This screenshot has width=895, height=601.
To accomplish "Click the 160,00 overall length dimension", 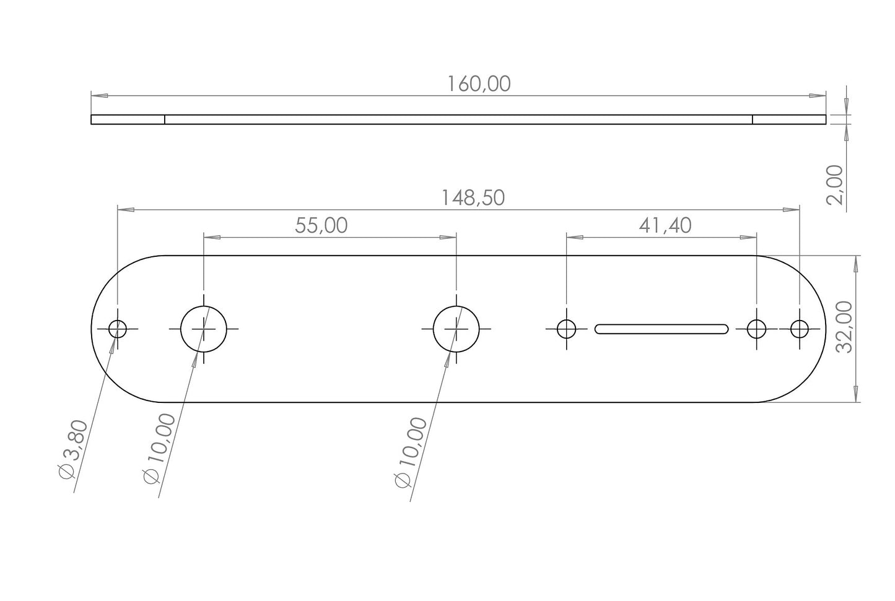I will point(479,84).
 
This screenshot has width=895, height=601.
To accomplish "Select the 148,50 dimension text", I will point(473,198).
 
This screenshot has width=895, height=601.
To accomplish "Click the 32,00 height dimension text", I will point(844,327).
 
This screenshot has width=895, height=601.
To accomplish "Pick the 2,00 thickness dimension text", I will point(836,184).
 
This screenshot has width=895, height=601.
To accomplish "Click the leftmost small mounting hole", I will point(118,329).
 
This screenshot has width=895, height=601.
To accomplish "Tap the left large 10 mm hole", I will point(204,329).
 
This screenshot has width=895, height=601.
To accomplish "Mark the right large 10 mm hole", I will point(456,329).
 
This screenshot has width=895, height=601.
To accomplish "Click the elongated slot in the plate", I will point(661,329).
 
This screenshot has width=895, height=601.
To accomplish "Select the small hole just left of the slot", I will point(566,329).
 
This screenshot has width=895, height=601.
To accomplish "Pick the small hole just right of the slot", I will point(756,329).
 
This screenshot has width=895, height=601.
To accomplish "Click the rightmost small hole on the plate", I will point(799,329).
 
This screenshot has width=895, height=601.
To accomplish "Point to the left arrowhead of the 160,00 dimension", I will point(99,95).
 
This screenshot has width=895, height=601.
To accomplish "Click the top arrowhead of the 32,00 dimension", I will point(857,265).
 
